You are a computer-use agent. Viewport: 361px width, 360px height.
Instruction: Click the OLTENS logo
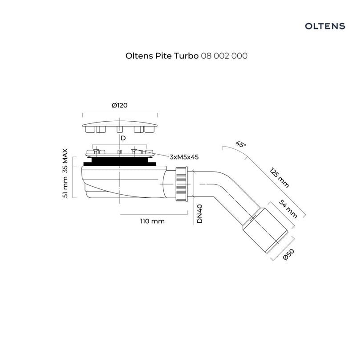tap(325, 26)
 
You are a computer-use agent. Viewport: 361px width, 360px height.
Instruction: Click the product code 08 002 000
tap(224, 56)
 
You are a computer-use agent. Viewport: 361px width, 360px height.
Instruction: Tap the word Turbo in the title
tap(186, 56)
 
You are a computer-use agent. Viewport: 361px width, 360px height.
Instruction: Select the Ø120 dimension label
tap(120, 105)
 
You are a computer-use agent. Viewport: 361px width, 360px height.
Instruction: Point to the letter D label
tap(123, 138)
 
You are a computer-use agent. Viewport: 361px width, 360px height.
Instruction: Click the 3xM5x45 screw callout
tap(184, 157)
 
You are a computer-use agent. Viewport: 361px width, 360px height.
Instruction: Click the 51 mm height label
tap(65, 187)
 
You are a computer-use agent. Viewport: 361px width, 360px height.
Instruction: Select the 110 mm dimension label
tap(152, 221)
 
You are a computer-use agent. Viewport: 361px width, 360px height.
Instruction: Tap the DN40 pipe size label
tap(199, 214)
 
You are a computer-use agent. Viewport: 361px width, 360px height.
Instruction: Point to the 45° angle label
tap(241, 144)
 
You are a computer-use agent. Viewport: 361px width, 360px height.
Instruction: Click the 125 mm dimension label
tap(279, 178)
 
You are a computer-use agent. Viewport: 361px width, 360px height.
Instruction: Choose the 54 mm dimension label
tap(288, 209)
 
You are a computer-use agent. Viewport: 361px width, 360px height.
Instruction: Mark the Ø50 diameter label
tap(288, 255)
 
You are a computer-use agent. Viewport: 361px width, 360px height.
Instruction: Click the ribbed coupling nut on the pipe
tap(182, 184)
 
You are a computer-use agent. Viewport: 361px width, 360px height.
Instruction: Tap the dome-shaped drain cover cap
tap(120, 126)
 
